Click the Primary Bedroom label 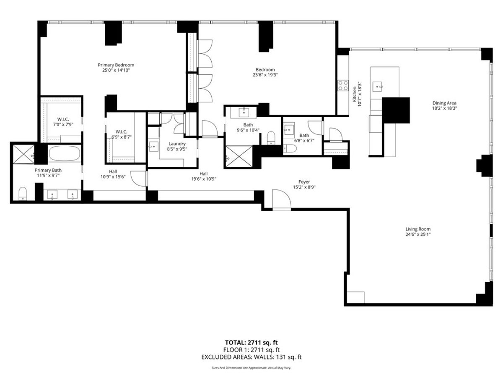[116, 65]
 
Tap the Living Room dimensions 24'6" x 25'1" [418, 235]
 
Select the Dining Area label [444, 103]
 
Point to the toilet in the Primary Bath [23, 193]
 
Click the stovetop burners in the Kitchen [343, 85]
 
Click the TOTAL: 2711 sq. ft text [251, 342]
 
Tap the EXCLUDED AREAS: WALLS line [251, 357]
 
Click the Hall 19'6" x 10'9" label [204, 176]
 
